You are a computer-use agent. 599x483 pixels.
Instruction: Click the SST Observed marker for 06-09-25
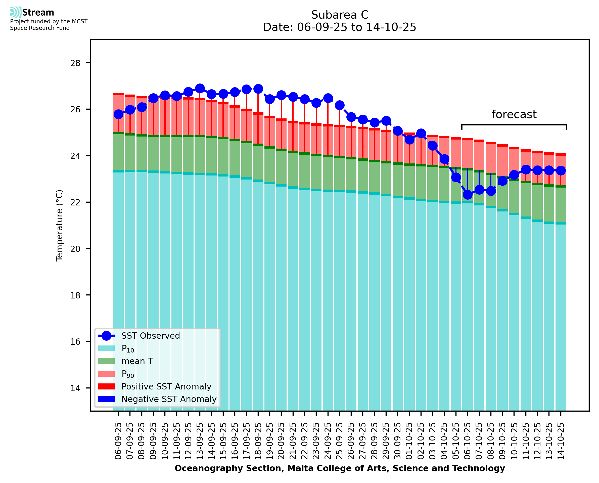click(x=118, y=114)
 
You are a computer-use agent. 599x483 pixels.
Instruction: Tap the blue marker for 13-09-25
click(x=200, y=89)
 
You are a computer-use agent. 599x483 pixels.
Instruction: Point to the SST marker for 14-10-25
click(x=561, y=170)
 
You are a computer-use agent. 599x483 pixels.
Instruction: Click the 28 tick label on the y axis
click(x=75, y=63)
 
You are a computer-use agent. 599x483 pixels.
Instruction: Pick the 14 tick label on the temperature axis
click(x=75, y=388)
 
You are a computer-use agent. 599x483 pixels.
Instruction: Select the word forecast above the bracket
click(x=514, y=114)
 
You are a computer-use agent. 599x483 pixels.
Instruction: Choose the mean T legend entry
click(x=137, y=361)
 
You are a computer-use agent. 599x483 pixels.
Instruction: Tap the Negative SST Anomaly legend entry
click(x=169, y=399)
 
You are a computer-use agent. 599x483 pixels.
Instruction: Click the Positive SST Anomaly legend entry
click(x=166, y=386)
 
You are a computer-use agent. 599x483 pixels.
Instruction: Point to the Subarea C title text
click(x=340, y=15)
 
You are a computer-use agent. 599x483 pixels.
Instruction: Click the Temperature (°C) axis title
click(x=60, y=225)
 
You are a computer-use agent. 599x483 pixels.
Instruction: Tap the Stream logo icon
click(x=16, y=12)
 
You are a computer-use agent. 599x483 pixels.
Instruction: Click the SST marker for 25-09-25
click(x=340, y=105)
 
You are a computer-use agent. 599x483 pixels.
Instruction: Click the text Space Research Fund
click(x=40, y=28)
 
